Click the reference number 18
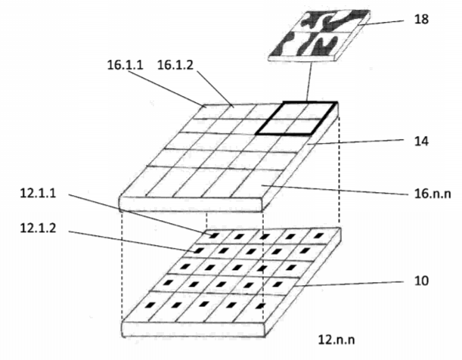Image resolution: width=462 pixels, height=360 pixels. (421, 20)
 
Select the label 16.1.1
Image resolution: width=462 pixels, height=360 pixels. (125, 65)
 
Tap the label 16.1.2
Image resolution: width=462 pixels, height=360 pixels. (175, 65)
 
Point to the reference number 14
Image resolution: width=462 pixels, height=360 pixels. (421, 141)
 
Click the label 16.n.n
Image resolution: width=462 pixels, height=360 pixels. (433, 194)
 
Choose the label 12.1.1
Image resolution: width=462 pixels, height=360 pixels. (38, 194)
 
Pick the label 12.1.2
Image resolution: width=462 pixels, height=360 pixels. (38, 228)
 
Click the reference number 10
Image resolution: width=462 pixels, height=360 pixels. (421, 281)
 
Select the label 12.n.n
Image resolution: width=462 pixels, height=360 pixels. (336, 340)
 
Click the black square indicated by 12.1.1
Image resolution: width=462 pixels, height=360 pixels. (214, 235)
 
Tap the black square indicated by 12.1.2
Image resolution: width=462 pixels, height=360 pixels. (199, 250)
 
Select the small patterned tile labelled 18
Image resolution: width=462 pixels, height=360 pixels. (319, 36)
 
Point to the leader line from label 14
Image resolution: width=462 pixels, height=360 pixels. (355, 142)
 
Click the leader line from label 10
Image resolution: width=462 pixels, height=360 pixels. (349, 284)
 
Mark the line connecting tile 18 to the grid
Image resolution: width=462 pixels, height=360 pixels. (309, 81)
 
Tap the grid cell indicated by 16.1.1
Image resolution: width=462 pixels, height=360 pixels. (206, 111)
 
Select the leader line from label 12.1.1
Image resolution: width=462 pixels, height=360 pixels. (140, 215)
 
